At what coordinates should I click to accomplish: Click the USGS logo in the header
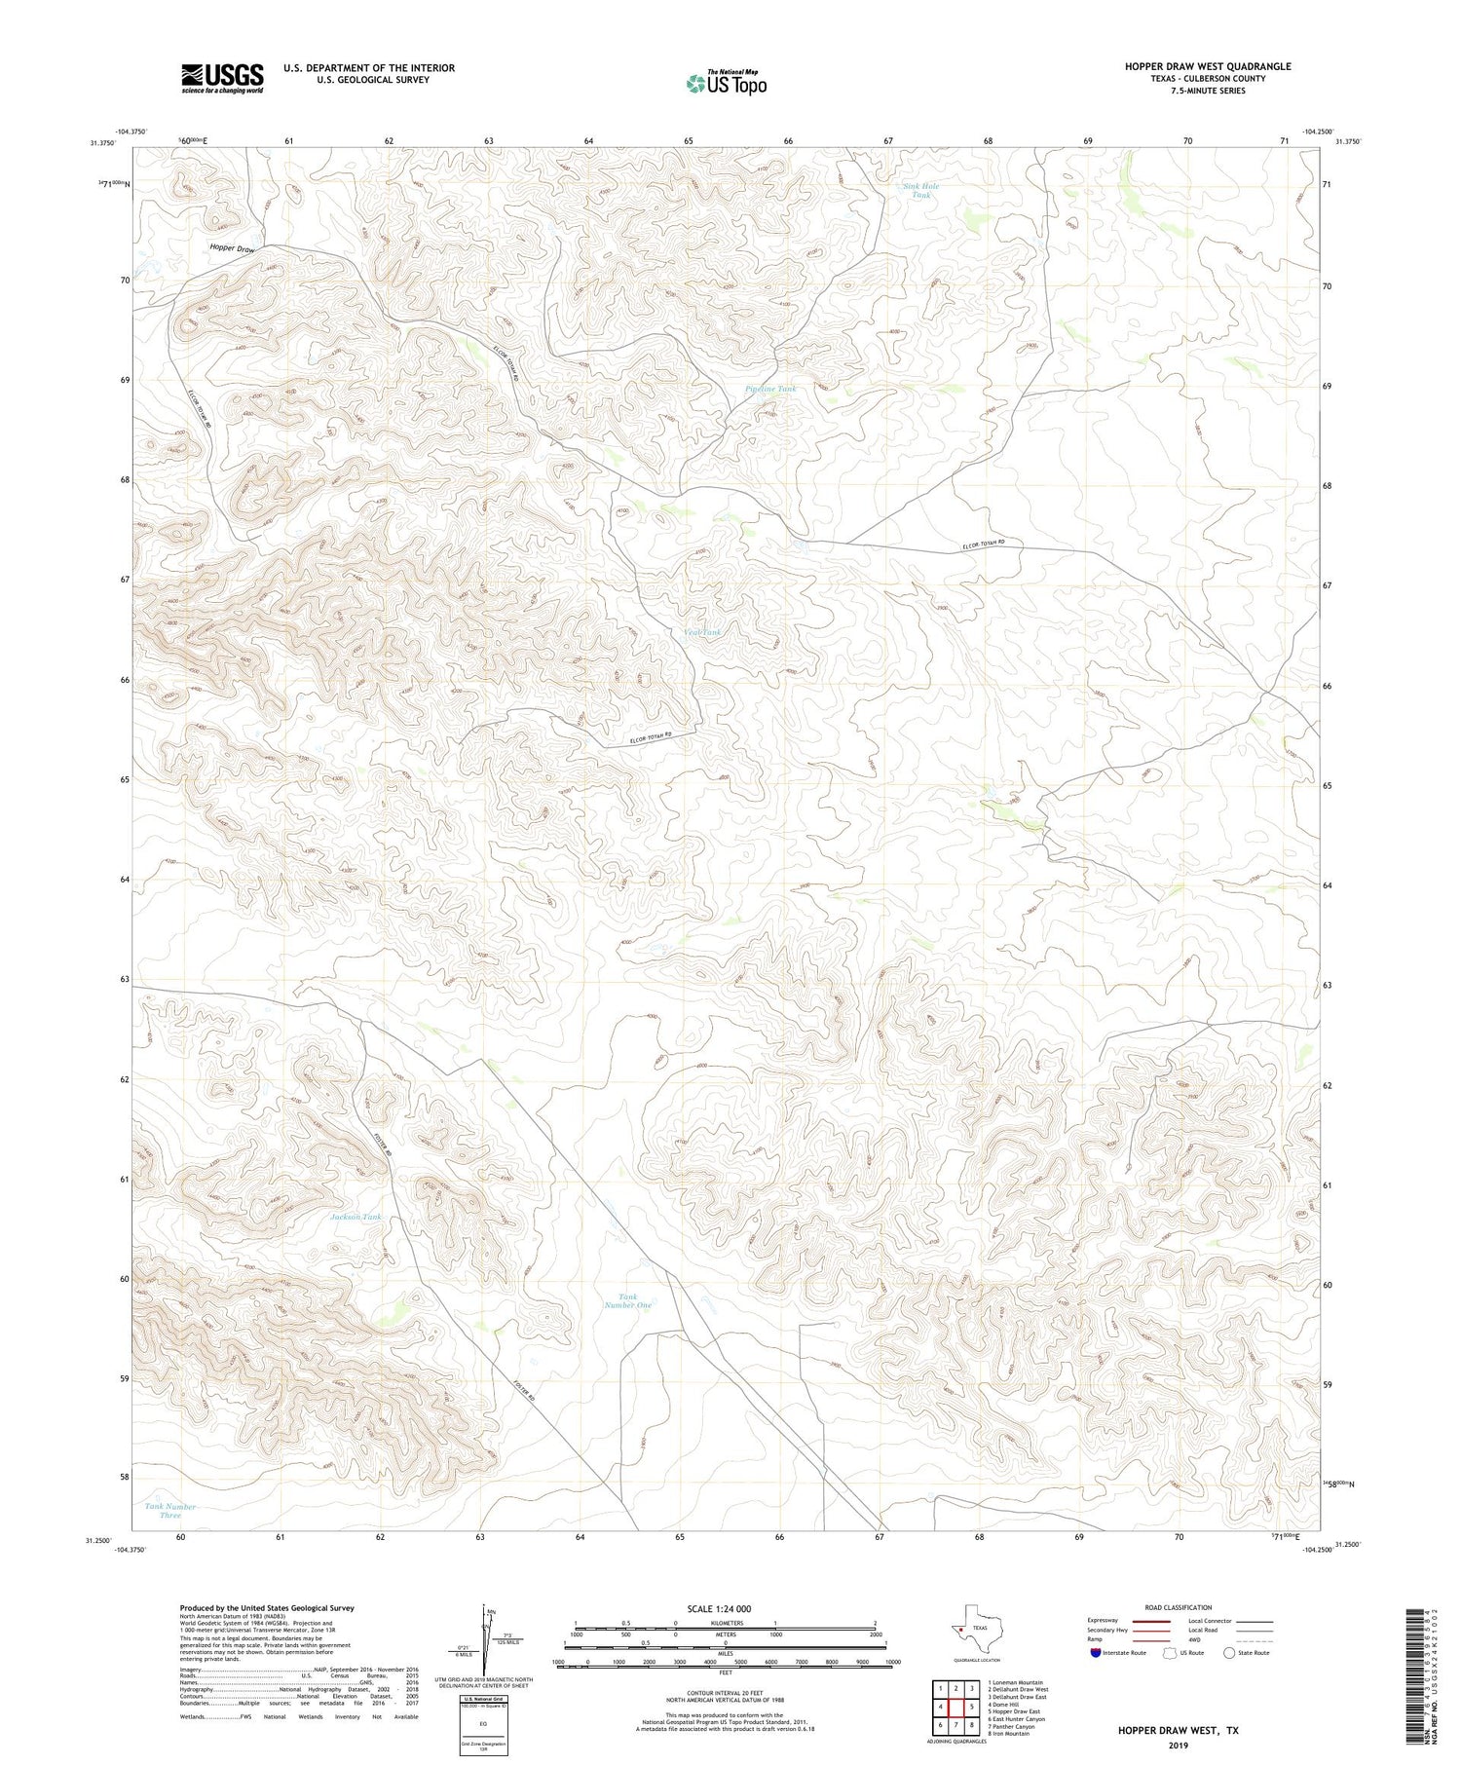[x=222, y=78]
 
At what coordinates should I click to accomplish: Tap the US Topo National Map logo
[x=726, y=82]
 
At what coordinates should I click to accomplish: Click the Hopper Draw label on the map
[x=232, y=248]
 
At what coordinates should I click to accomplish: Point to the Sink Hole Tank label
[x=920, y=190]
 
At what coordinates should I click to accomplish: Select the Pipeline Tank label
[x=770, y=389]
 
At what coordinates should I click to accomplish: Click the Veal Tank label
[x=703, y=632]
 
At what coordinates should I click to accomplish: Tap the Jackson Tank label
[x=356, y=1217]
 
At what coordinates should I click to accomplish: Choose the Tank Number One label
[x=627, y=1300]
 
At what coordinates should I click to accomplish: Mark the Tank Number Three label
[x=170, y=1511]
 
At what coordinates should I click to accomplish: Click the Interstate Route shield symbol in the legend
[x=1095, y=1653]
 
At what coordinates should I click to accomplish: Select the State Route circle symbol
[x=1230, y=1653]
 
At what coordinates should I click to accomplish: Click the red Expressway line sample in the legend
[x=1152, y=1622]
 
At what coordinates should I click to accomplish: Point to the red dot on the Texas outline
[x=960, y=1628]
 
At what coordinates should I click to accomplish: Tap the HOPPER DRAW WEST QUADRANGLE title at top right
[x=1208, y=66]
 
